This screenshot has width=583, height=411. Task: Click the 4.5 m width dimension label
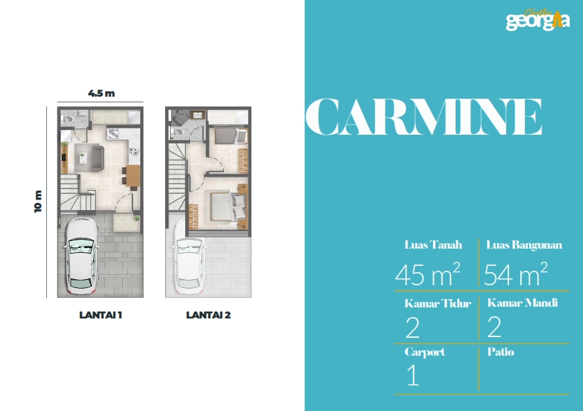point(101,93)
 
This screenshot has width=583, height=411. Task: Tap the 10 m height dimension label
point(38,201)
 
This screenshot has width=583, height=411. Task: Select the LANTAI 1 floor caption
point(100,315)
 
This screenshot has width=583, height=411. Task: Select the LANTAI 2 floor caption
point(208,315)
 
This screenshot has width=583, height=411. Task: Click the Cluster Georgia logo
point(537,19)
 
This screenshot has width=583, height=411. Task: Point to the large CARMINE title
point(423,117)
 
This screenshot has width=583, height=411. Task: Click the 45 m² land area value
point(427,274)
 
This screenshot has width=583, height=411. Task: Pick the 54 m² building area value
point(515,274)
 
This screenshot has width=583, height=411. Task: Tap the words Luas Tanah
point(433,245)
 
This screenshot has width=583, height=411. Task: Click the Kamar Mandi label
point(522,303)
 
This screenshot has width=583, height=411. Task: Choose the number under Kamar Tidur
point(412,327)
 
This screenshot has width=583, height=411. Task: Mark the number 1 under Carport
point(412,375)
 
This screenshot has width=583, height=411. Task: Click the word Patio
point(501,352)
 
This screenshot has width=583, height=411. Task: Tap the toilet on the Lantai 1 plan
point(67,120)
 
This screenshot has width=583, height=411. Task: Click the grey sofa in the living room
point(97,158)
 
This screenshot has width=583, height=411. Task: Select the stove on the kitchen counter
point(134,151)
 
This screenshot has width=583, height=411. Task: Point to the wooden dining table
point(133,175)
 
